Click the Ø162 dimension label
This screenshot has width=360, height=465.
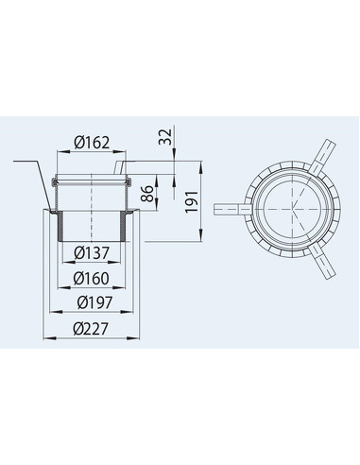(x=92, y=143)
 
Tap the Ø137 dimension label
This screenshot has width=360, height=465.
(x=92, y=252)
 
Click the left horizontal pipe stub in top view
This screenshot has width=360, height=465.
(x=228, y=205)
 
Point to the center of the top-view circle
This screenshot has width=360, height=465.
(x=287, y=211)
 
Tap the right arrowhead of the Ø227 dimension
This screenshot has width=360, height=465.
(x=139, y=340)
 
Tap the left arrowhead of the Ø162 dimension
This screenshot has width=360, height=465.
(x=60, y=155)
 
